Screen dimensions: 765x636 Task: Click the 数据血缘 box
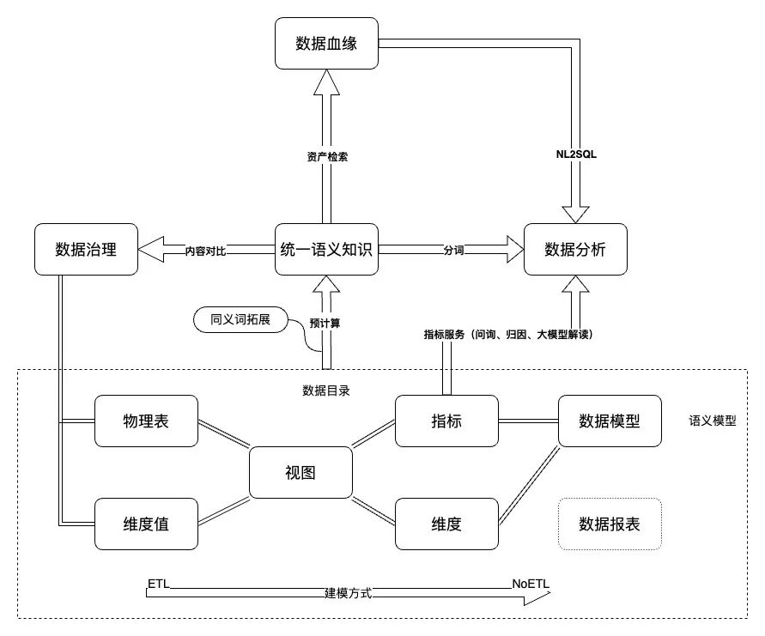[326, 44]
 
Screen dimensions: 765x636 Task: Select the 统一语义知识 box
[326, 249]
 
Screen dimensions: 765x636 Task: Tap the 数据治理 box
[87, 249]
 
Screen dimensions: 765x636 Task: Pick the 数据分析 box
[575, 249]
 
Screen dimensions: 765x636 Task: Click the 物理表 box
[146, 421]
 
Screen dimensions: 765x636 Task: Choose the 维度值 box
[146, 524]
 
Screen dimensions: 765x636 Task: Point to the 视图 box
[301, 472]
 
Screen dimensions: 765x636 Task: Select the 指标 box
[446, 421]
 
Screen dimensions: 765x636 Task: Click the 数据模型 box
[610, 421]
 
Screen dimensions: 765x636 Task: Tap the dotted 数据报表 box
[610, 524]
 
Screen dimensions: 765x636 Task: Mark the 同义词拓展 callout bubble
[240, 320]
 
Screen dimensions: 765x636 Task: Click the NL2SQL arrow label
[576, 154]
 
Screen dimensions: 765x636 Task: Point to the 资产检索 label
[327, 157]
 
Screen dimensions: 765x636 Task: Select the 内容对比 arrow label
[205, 251]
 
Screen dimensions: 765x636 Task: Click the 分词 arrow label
[453, 251]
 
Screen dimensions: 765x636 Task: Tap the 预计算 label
[325, 323]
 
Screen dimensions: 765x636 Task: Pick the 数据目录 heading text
[326, 391]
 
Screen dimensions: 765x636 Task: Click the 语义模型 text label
[713, 421]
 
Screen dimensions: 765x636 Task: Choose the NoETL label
[531, 584]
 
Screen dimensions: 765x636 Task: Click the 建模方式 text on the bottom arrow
[349, 593]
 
